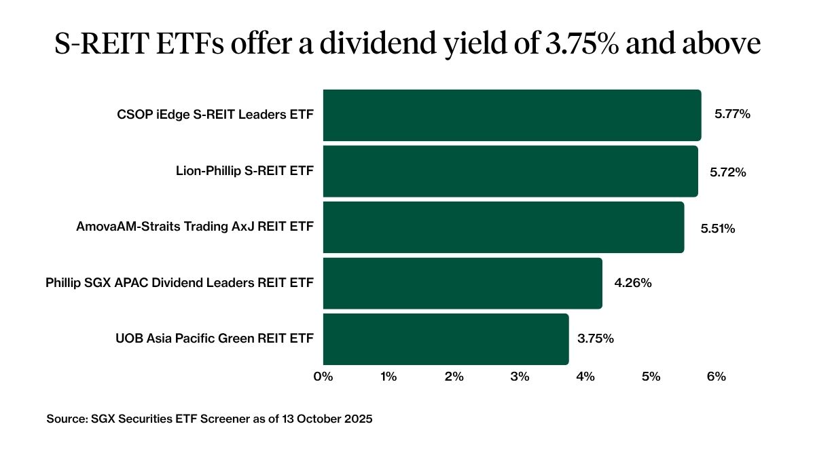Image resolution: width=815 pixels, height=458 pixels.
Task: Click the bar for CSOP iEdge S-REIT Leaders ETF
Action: pyautogui.click(x=511, y=115)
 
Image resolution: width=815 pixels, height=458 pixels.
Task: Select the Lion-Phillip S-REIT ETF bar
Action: pyautogui.click(x=510, y=171)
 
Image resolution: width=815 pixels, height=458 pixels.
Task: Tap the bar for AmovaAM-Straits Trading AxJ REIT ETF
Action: pyautogui.click(x=503, y=227)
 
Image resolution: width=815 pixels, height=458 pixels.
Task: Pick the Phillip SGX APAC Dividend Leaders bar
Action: pyautogui.click(x=462, y=283)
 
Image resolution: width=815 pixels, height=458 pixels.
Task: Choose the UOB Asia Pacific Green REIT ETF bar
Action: pyautogui.click(x=446, y=339)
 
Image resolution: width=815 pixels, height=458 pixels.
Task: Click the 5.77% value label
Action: pyautogui.click(x=731, y=115)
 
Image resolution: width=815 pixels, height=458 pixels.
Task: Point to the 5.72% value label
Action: pyautogui.click(x=728, y=172)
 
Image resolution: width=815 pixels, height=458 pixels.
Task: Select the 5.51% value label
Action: pyautogui.click(x=718, y=229)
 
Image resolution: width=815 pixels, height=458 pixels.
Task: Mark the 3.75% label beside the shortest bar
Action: pyautogui.click(x=595, y=339)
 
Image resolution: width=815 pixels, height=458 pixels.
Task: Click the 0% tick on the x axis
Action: pyautogui.click(x=323, y=377)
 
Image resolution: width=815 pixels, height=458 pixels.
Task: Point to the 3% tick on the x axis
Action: pyautogui.click(x=520, y=377)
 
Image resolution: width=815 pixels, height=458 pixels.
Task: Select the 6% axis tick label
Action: pyautogui.click(x=716, y=377)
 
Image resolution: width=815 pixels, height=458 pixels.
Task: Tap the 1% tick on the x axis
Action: pyautogui.click(x=388, y=377)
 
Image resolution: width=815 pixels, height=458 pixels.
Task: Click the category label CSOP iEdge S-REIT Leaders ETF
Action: pyautogui.click(x=215, y=115)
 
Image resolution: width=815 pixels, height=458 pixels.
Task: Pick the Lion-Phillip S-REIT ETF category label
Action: pyautogui.click(x=244, y=171)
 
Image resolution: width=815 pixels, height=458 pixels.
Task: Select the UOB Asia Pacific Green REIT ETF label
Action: pyautogui.click(x=215, y=339)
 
